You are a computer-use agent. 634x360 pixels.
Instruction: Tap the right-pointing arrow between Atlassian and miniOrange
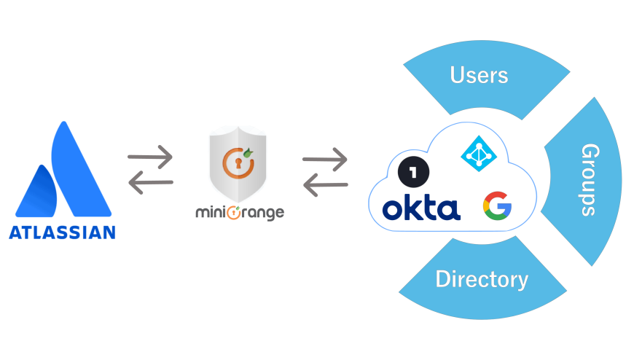coord(150,156)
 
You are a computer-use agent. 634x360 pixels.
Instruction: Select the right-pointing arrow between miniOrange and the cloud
coord(325,158)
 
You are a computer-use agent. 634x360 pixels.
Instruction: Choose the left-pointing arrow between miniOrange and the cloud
coord(325,184)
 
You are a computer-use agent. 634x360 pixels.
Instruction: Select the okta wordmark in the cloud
coord(421,208)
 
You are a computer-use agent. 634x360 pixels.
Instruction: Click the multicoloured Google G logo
coord(497,206)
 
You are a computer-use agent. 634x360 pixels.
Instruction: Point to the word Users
coord(479,75)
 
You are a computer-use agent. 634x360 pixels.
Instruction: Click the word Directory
coord(481,279)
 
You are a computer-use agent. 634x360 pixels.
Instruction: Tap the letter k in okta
coord(412,207)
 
